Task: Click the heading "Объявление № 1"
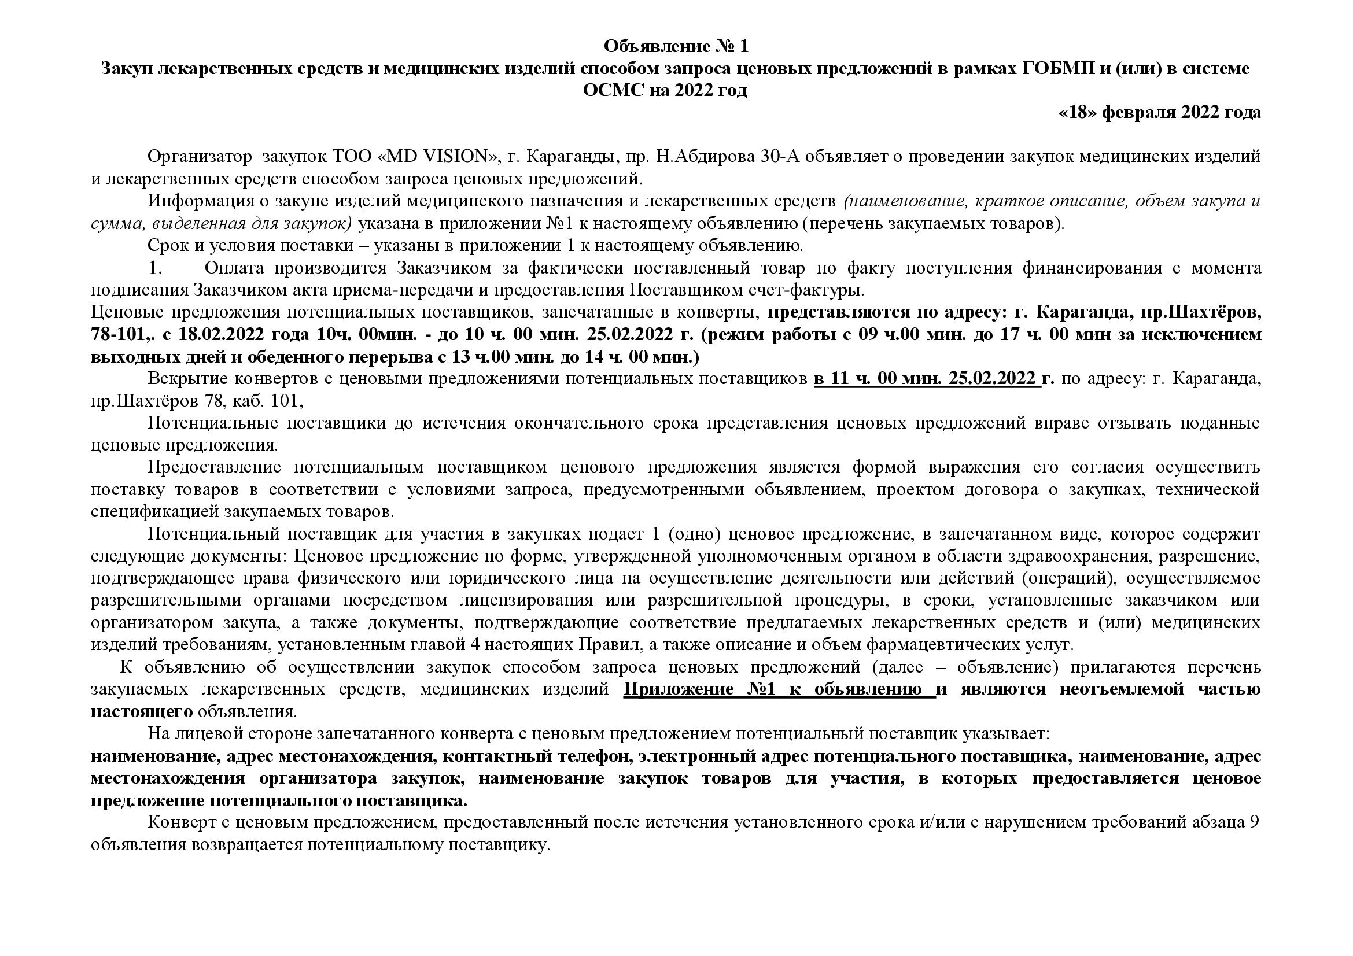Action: click(676, 45)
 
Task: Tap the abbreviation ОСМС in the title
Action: click(613, 91)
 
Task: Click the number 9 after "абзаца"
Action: click(1254, 823)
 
